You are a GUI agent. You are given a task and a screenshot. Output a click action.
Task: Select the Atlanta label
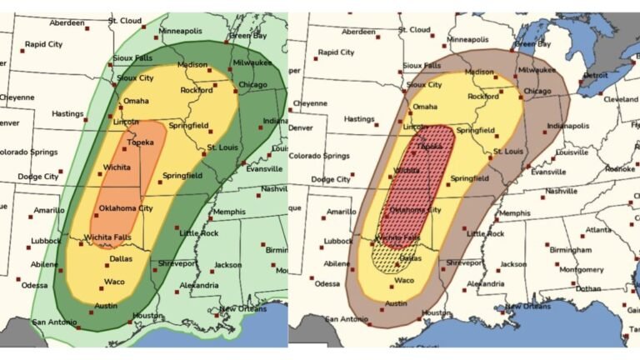(597, 230)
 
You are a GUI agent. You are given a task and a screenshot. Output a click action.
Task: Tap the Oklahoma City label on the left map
(126, 208)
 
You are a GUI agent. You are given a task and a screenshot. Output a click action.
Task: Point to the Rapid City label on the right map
(337, 52)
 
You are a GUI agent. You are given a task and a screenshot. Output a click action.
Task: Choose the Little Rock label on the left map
(198, 232)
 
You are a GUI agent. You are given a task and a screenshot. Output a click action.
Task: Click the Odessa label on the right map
(327, 283)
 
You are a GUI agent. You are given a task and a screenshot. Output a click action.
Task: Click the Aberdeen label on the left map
(67, 22)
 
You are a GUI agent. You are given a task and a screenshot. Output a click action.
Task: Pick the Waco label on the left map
(114, 281)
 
